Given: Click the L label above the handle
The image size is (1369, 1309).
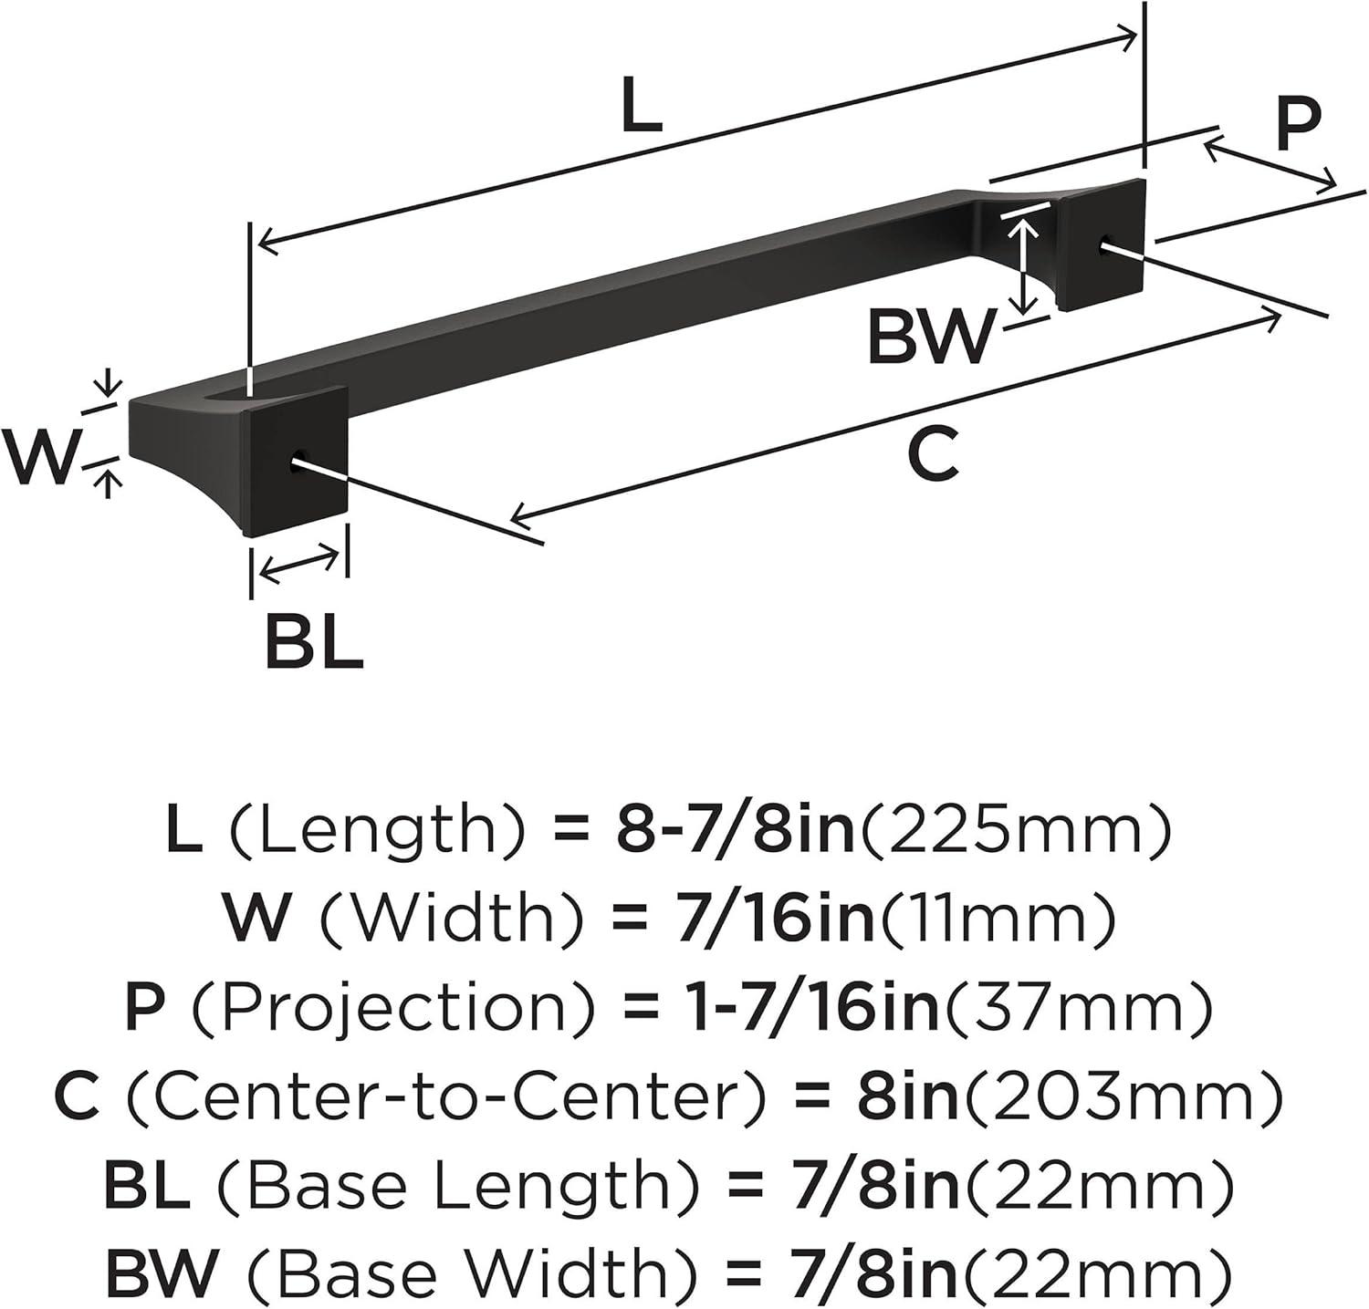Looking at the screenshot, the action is (x=641, y=106).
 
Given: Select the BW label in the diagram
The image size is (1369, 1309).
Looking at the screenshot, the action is (x=930, y=336).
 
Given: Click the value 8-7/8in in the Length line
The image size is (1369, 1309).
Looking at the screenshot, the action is (x=736, y=829).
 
